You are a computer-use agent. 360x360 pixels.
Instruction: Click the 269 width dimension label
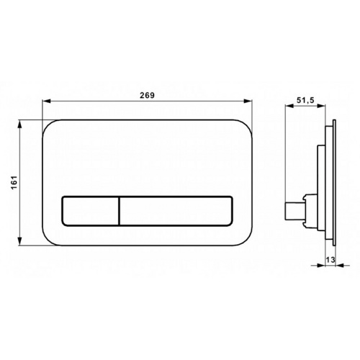coord(148,95)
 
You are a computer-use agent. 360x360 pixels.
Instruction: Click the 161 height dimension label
coord(14,182)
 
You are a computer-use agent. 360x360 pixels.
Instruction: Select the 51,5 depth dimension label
coord(305,100)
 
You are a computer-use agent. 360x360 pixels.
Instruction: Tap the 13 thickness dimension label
coord(330,259)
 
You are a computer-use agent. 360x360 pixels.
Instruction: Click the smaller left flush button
coord(90,211)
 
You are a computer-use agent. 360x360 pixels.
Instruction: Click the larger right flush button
coord(176,211)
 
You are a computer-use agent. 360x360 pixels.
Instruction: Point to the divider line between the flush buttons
coord(119,211)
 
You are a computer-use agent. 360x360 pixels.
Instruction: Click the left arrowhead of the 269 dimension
coord(46,102)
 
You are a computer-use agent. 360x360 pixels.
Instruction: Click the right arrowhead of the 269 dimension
coord(248,101)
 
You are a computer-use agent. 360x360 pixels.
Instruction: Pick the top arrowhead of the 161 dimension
coord(20,124)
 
